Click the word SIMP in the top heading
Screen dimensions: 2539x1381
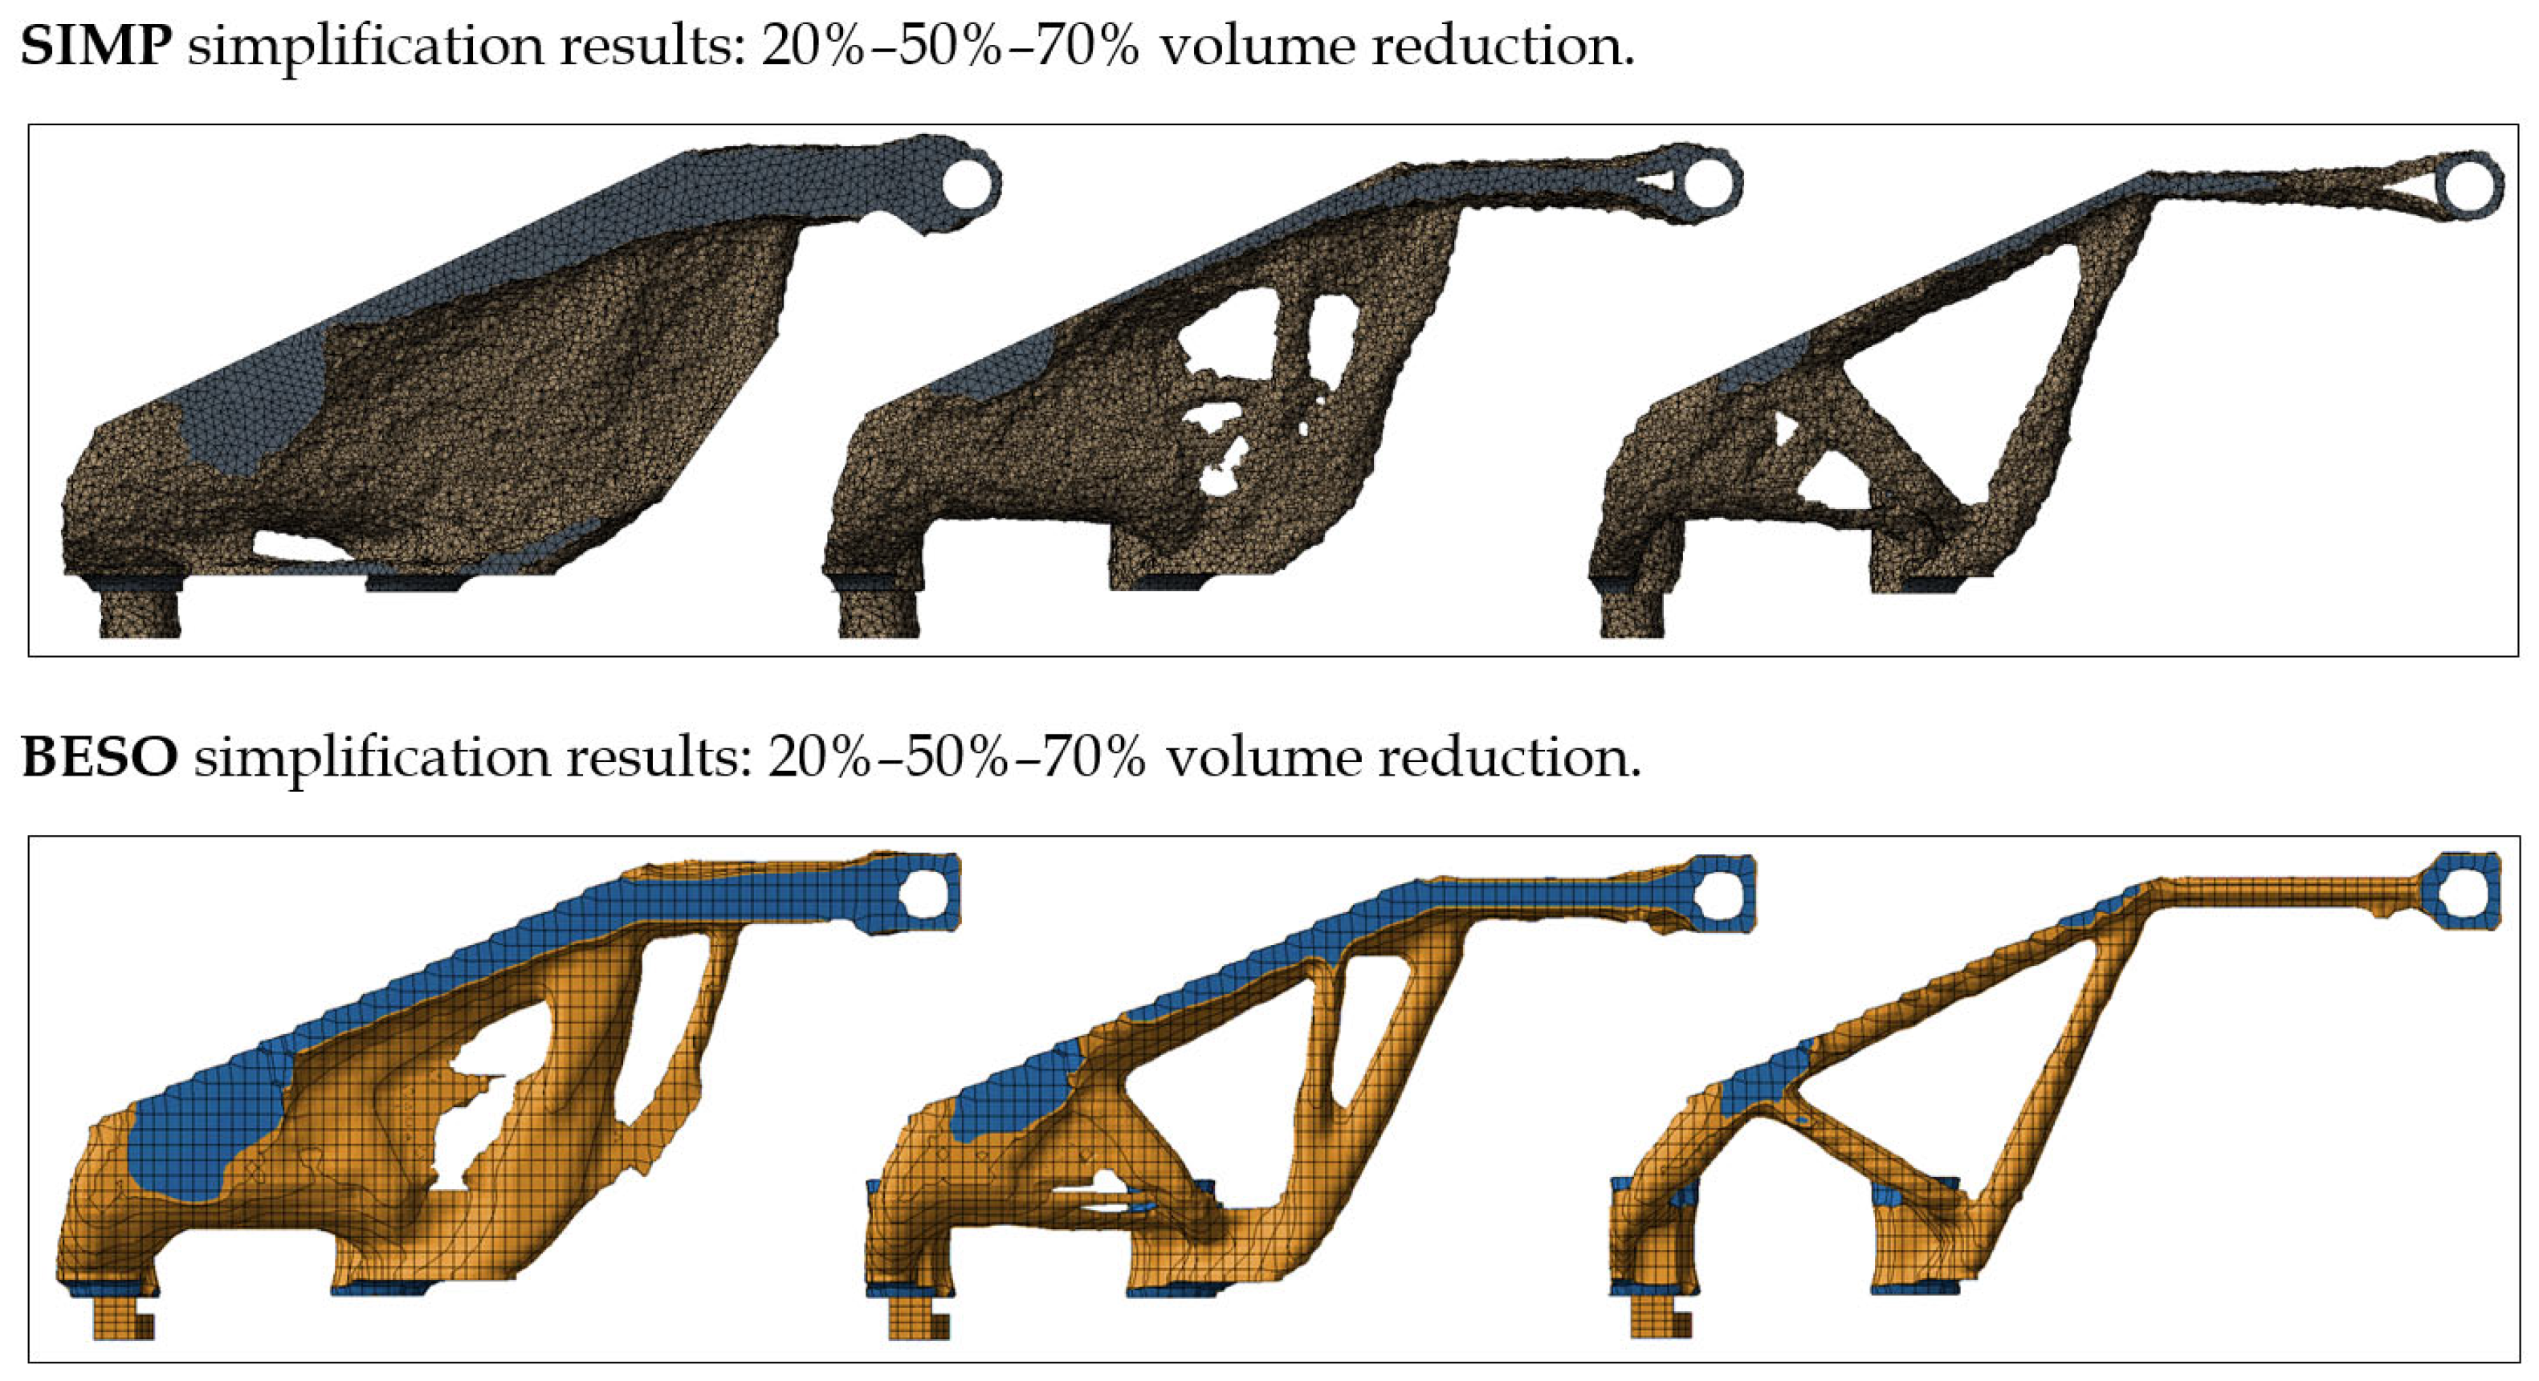(x=96, y=47)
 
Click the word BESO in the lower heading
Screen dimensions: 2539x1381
(x=100, y=758)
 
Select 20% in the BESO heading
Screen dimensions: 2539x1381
(x=820, y=758)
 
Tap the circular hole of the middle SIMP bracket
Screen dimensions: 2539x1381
(x=1710, y=183)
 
